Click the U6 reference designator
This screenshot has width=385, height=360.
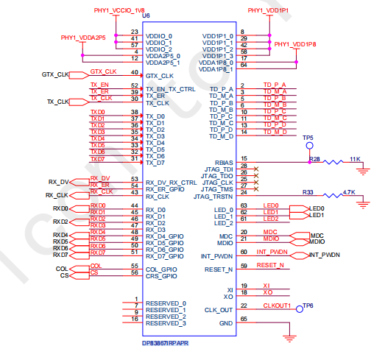pyautogui.click(x=146, y=15)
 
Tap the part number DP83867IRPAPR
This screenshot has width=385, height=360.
pyautogui.click(x=165, y=343)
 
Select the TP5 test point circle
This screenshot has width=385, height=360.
pyautogui.click(x=310, y=146)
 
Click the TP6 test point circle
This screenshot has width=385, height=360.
pyautogui.click(x=300, y=309)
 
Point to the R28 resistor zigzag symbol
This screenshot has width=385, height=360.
pyautogui.click(x=333, y=162)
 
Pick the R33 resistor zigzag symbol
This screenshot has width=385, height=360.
pyautogui.click(x=333, y=196)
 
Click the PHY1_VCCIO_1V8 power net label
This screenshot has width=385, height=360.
pyautogui.click(x=119, y=10)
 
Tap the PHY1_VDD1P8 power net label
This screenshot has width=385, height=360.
pyautogui.click(x=295, y=44)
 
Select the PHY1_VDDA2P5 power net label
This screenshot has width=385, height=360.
pyautogui.click(x=83, y=38)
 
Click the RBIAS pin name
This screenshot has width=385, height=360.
pyautogui.click(x=224, y=163)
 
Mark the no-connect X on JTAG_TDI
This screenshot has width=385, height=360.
pyautogui.click(x=256, y=169)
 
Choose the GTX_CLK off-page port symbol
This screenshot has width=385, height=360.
pyautogui.click(x=79, y=75)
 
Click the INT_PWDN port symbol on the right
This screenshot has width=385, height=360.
pyautogui.click(x=300, y=255)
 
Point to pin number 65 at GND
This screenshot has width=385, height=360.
pyautogui.click(x=244, y=319)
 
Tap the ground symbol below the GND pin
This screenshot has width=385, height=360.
pyautogui.click(x=290, y=339)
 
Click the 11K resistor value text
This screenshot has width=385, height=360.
pyautogui.click(x=355, y=159)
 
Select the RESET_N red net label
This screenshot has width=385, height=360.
pyautogui.click(x=270, y=266)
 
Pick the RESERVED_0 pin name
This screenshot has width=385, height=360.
pyautogui.click(x=166, y=303)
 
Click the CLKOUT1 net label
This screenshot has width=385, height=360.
pyautogui.click(x=277, y=306)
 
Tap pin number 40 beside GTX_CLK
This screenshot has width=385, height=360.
pyautogui.click(x=135, y=72)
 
